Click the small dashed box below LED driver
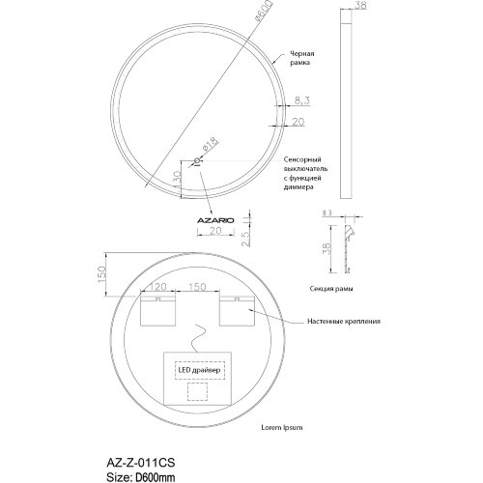[198, 393]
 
